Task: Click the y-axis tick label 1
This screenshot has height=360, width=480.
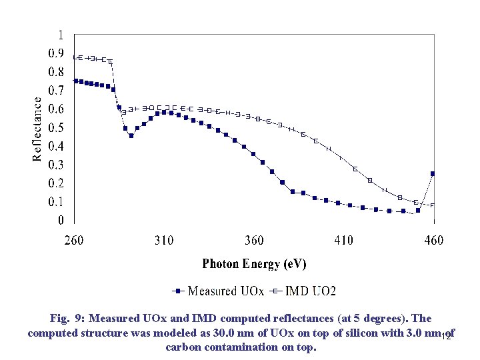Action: pos(61,35)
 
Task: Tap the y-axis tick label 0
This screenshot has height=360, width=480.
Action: pos(61,220)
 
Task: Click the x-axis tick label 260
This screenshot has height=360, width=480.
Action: pos(74,240)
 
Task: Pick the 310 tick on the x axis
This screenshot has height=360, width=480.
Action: pos(164,240)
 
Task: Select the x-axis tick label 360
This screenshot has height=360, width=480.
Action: pos(254,240)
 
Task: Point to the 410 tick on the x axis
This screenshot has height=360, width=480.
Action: pos(344,240)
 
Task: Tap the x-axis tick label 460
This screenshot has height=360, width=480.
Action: pos(434,240)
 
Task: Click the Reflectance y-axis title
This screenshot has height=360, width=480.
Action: pos(38,127)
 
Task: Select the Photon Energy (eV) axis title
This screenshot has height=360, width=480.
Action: pos(254,264)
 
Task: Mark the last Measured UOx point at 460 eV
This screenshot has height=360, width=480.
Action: pos(433,173)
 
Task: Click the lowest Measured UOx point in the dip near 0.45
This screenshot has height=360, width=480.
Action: pos(131,136)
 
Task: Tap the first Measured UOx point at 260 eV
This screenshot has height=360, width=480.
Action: pos(75,81)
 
